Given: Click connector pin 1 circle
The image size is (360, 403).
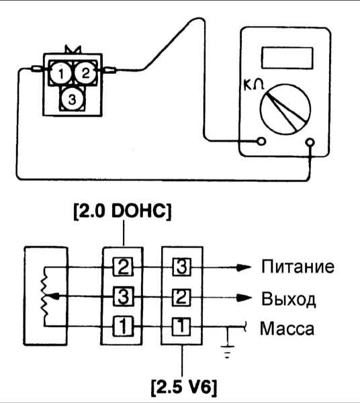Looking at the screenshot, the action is click(x=60, y=73).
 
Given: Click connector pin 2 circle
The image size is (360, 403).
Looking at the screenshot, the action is click(x=85, y=73).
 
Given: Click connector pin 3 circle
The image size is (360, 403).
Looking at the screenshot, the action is click(x=73, y=99).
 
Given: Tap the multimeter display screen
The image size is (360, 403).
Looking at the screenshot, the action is click(x=287, y=58).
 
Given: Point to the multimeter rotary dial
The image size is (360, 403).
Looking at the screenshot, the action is click(x=285, y=109).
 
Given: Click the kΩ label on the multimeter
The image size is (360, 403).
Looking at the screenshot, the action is click(x=254, y=85).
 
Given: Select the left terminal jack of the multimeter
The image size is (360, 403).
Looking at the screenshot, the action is click(x=261, y=141).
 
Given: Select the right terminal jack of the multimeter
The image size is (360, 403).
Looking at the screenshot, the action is click(x=310, y=142).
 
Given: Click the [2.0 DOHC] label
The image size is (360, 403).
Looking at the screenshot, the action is click(x=122, y=212).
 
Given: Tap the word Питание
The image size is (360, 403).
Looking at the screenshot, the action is click(x=298, y=267).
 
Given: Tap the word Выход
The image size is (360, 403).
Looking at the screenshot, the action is click(x=289, y=299).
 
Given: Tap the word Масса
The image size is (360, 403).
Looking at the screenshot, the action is click(x=287, y=328).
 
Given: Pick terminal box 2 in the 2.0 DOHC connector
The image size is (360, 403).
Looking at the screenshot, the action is click(x=123, y=267).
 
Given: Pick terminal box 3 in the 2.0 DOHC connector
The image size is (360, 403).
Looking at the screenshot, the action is click(x=124, y=297).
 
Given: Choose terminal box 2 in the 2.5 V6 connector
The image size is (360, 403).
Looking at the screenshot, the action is click(x=181, y=298).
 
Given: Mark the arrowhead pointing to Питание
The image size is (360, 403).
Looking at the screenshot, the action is click(x=244, y=267).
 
